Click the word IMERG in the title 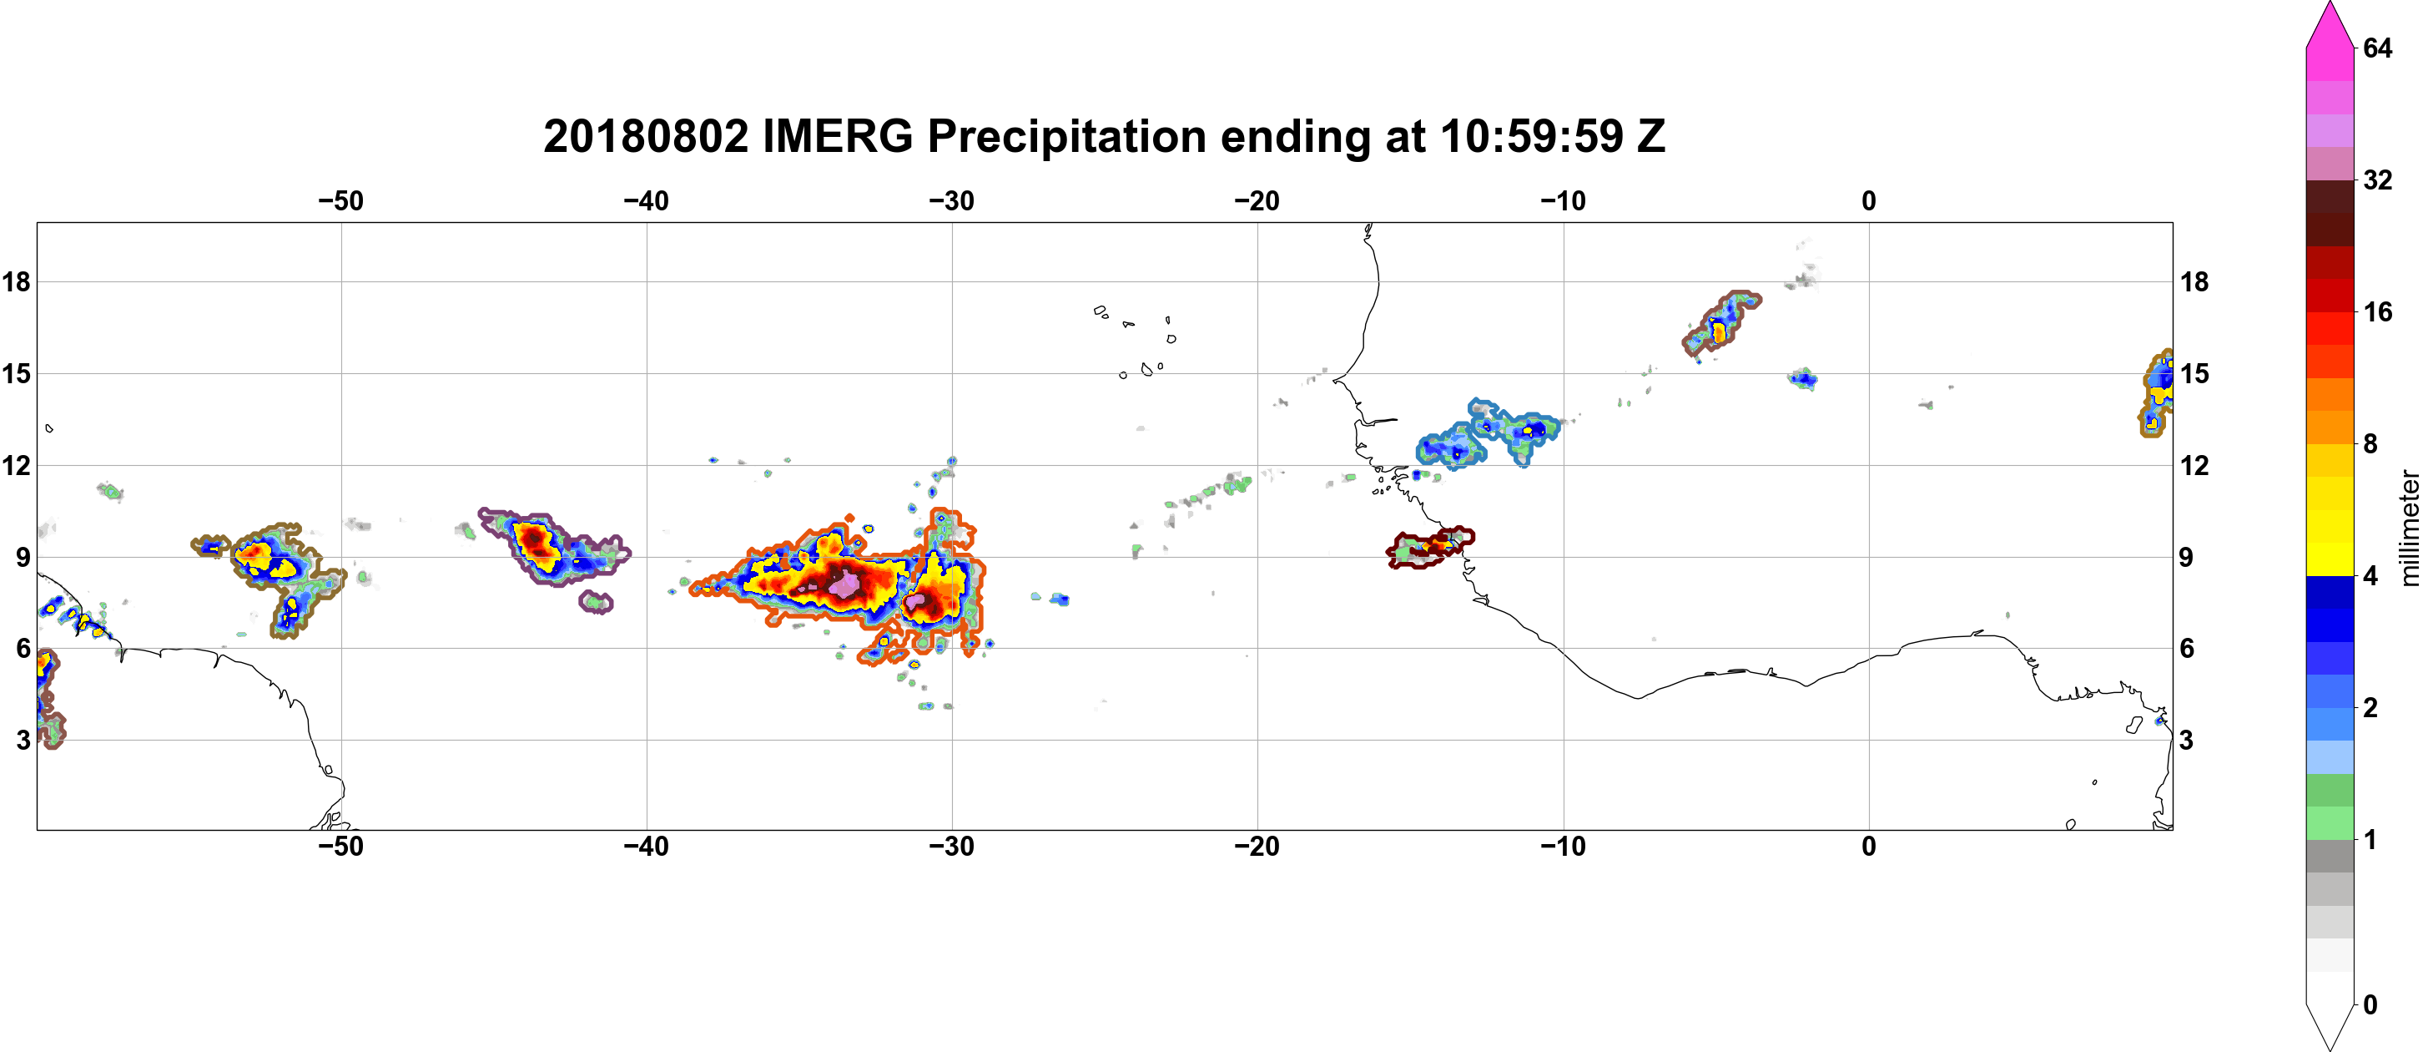[x=836, y=136]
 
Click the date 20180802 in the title [x=645, y=136]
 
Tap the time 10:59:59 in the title [x=1531, y=136]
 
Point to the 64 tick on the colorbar [x=2377, y=48]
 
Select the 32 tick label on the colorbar [x=2377, y=180]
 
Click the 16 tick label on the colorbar [x=2377, y=312]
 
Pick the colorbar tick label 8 [x=2370, y=444]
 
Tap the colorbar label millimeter [x=2409, y=528]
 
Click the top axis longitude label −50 [x=340, y=200]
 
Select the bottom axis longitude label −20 [x=1257, y=846]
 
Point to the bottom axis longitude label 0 [x=1869, y=846]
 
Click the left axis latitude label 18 [x=16, y=281]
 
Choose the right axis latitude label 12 [x=2194, y=465]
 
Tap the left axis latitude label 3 [x=23, y=740]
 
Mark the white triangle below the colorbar [x=2330, y=1024]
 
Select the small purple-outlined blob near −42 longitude [x=597, y=601]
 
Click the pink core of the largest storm [x=844, y=584]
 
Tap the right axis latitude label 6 [x=2187, y=649]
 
